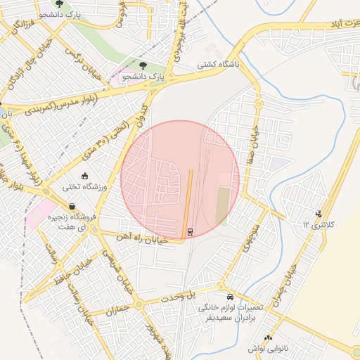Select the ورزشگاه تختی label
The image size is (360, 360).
(86, 187)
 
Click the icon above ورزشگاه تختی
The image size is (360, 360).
(85, 176)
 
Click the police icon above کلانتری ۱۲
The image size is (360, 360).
(319, 213)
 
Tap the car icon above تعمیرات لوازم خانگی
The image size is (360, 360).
(231, 297)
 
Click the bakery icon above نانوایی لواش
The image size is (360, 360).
(267, 337)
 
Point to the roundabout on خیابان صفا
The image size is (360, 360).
(259, 103)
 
